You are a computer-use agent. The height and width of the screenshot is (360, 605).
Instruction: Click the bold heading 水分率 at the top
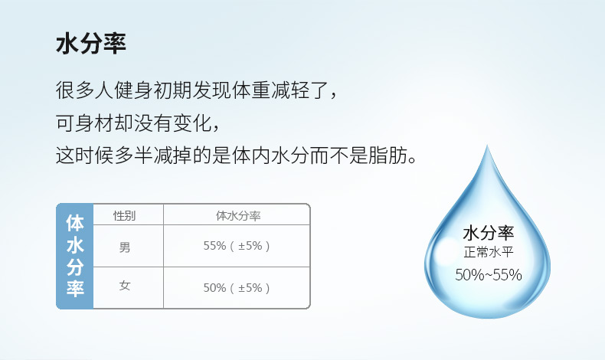pos(91,44)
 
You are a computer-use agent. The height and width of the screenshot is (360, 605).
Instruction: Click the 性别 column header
pos(124,215)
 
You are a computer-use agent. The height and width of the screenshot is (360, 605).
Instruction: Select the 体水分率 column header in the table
pos(238,215)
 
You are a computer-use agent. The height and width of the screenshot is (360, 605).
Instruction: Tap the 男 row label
pos(125,247)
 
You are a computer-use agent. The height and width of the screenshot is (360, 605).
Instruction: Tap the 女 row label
pos(125,286)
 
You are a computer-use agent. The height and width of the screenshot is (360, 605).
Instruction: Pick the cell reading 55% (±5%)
pos(237,246)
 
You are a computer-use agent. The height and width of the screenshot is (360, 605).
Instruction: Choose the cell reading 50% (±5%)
pos(237,288)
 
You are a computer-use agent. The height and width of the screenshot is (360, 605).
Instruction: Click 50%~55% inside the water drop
pos(489,275)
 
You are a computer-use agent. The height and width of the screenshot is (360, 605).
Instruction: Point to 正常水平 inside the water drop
pos(489,252)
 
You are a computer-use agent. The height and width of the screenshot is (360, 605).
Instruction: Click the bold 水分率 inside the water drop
pos(489,233)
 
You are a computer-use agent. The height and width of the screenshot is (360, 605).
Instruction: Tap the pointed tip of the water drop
pos(487,146)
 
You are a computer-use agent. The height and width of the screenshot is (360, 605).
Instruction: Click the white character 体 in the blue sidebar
pos(75,223)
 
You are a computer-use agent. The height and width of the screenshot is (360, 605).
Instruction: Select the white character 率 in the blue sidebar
pos(75,288)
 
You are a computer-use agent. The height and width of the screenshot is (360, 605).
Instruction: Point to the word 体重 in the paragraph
pos(251,90)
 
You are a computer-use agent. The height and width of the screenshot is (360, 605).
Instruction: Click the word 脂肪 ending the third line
pos(388,156)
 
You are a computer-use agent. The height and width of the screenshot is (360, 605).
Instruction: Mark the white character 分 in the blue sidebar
pos(75,267)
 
